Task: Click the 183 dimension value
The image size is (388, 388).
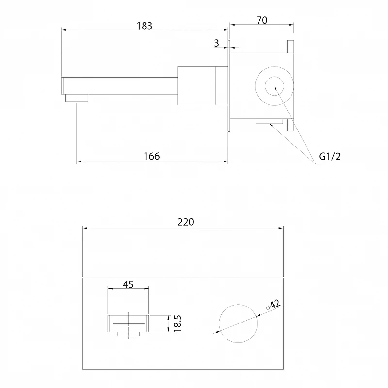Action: point(145,26)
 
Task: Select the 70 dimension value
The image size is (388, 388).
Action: point(262,20)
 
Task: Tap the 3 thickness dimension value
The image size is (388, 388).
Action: point(216,43)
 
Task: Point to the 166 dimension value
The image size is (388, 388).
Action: point(152,156)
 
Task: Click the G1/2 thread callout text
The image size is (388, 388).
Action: point(330,156)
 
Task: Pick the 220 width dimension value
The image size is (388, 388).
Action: point(186,222)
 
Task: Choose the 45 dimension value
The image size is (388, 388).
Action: point(128,285)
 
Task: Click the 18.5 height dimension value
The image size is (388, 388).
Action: point(178,323)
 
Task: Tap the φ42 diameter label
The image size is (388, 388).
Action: point(273,305)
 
